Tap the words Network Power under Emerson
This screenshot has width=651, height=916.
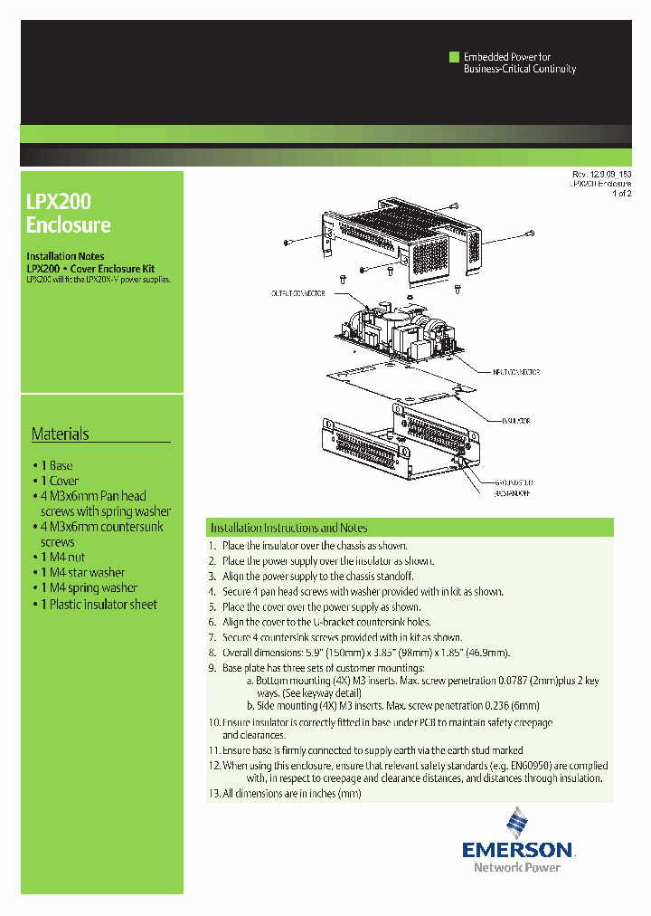[x=516, y=867]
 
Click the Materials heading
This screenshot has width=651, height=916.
[x=61, y=434]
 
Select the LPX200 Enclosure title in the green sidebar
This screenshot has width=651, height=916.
[x=69, y=213]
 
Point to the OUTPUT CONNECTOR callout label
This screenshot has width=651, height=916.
[x=298, y=293]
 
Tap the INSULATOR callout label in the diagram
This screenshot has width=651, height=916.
[x=515, y=421]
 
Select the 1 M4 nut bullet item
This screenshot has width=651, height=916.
[x=63, y=557]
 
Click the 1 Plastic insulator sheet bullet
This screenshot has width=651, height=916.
[x=99, y=604]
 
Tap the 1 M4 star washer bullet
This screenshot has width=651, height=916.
[x=82, y=572]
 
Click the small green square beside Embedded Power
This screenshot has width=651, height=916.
[x=455, y=56]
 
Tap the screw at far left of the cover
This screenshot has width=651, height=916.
[x=288, y=242]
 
